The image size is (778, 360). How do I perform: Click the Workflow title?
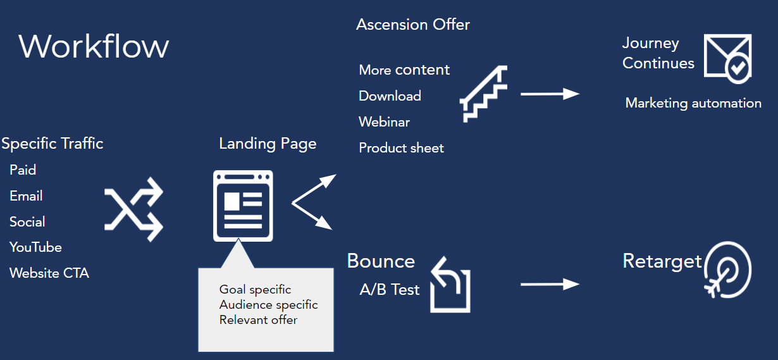click(x=94, y=46)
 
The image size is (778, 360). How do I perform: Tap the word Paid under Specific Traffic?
click(x=23, y=170)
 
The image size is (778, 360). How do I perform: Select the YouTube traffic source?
click(x=35, y=247)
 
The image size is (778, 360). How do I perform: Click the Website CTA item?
click(x=49, y=273)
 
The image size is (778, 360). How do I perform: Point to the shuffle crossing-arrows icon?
click(x=133, y=209)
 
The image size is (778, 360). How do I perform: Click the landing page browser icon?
click(x=243, y=206)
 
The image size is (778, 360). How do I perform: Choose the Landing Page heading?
click(x=268, y=144)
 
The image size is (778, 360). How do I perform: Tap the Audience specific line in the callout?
click(x=268, y=305)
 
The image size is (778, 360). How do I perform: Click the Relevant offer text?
click(x=259, y=320)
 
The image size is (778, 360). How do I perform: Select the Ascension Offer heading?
click(x=413, y=24)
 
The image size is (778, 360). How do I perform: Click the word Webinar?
click(x=384, y=122)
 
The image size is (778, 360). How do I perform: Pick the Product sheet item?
click(x=401, y=148)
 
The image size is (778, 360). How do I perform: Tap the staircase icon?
click(x=483, y=94)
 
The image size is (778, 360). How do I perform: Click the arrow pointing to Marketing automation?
click(x=550, y=94)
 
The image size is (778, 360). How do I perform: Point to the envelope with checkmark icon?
click(x=727, y=58)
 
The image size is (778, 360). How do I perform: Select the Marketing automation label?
click(x=693, y=103)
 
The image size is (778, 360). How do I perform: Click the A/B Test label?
click(x=390, y=290)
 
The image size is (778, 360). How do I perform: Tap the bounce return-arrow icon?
click(x=450, y=284)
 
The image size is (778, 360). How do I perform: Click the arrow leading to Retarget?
click(x=550, y=284)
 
